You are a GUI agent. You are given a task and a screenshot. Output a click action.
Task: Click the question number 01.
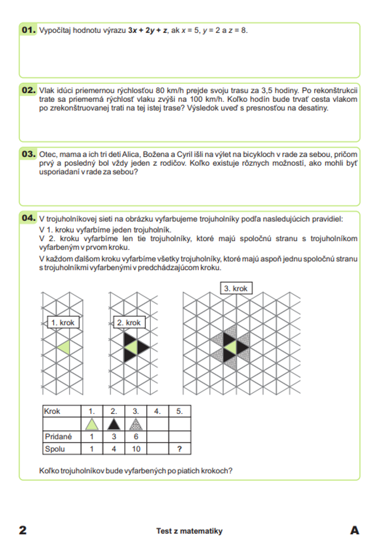tap(29, 30)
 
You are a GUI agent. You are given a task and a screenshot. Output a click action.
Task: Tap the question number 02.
tap(29, 90)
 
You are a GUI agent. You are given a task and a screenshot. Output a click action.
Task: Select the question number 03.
tap(29, 154)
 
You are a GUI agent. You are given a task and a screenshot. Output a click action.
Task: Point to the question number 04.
tap(29, 218)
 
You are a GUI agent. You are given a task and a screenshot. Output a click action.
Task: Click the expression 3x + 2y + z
tap(147, 30)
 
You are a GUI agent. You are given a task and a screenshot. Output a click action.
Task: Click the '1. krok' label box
tap(63, 322)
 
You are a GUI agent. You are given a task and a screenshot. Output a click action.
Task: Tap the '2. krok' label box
tap(129, 322)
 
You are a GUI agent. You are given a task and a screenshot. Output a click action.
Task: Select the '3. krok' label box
tap(236, 288)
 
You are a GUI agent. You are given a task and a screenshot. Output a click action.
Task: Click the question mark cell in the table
tap(179, 449)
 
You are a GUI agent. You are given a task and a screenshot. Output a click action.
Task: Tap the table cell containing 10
tap(136, 449)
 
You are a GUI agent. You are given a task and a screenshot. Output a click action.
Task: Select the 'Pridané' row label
tap(58, 437)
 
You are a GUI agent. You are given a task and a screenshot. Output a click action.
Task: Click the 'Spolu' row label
tap(55, 449)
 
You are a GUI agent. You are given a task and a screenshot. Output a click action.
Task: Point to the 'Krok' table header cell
tap(52, 411)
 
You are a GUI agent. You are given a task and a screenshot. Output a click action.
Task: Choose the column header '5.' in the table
tap(179, 411)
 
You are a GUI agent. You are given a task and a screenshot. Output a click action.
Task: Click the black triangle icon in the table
tap(114, 424)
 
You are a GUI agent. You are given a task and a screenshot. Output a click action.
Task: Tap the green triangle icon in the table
tap(92, 424)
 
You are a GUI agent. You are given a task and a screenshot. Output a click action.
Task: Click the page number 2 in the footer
tap(23, 530)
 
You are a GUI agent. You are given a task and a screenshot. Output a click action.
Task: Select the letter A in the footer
tap(354, 530)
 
